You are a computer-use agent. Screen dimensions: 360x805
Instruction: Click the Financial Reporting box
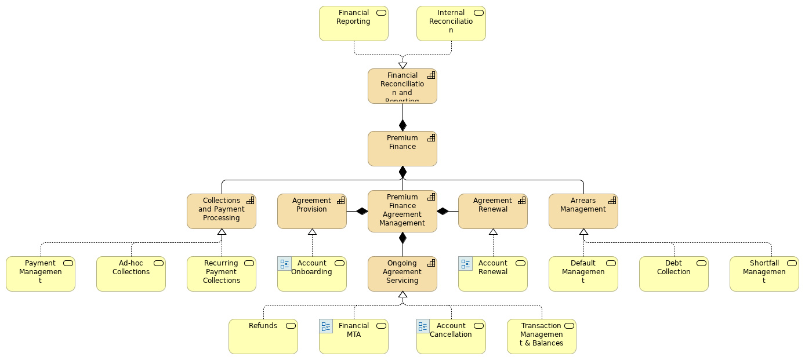pyautogui.click(x=353, y=24)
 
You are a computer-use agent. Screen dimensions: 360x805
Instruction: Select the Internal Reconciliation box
pyautogui.click(x=451, y=24)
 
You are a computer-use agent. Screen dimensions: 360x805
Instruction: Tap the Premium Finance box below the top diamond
pyautogui.click(x=402, y=149)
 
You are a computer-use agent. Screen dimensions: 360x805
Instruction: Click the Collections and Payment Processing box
pyautogui.click(x=221, y=211)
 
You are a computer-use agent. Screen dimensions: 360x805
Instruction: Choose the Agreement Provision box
pyautogui.click(x=311, y=211)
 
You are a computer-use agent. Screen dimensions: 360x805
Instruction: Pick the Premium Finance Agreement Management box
pyautogui.click(x=402, y=211)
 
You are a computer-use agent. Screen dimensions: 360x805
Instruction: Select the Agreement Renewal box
pyautogui.click(x=492, y=211)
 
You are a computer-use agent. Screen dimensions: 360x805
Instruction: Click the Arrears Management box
pyautogui.click(x=583, y=211)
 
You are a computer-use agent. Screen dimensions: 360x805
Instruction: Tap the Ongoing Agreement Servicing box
pyautogui.click(x=402, y=274)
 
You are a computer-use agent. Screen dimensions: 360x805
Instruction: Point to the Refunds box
pyautogui.click(x=263, y=336)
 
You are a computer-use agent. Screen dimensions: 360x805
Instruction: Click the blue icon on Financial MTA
pyautogui.click(x=326, y=326)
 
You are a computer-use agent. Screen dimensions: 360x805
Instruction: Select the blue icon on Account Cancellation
pyautogui.click(x=423, y=326)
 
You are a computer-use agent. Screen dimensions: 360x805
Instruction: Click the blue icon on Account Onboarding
pyautogui.click(x=284, y=264)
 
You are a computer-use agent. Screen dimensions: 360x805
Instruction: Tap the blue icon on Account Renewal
pyautogui.click(x=465, y=264)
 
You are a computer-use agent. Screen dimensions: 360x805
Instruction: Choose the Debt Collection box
pyautogui.click(x=673, y=274)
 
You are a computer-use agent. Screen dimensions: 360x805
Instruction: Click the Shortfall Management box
pyautogui.click(x=764, y=274)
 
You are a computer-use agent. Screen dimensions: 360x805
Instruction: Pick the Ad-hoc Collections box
pyautogui.click(x=130, y=274)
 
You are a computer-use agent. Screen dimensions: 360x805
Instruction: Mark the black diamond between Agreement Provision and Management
pyautogui.click(x=362, y=211)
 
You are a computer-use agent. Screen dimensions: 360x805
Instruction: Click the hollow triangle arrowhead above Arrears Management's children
pyautogui.click(x=583, y=232)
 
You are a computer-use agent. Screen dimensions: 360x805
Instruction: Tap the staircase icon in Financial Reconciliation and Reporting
pyautogui.click(x=431, y=75)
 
